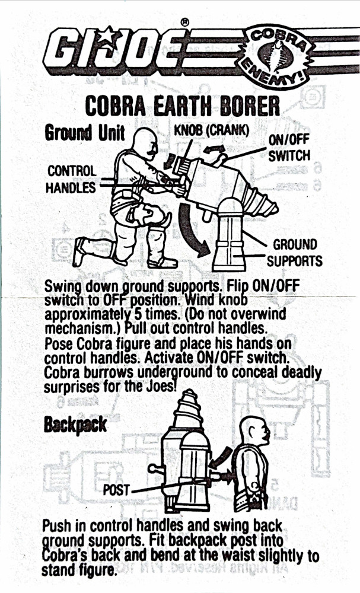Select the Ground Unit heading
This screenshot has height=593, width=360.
pos(84,133)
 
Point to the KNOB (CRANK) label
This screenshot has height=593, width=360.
pos(212,130)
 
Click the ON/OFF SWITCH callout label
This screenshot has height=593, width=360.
pos(289,148)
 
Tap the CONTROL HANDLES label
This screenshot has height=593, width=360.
pos(71,179)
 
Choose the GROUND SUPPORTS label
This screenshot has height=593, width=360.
pos(295,253)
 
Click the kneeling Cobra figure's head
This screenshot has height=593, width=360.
pos(145,142)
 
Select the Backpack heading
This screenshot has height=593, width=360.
pos(75,425)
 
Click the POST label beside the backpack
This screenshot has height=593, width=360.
pos(116,490)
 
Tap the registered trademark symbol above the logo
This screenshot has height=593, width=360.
pos(184,23)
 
